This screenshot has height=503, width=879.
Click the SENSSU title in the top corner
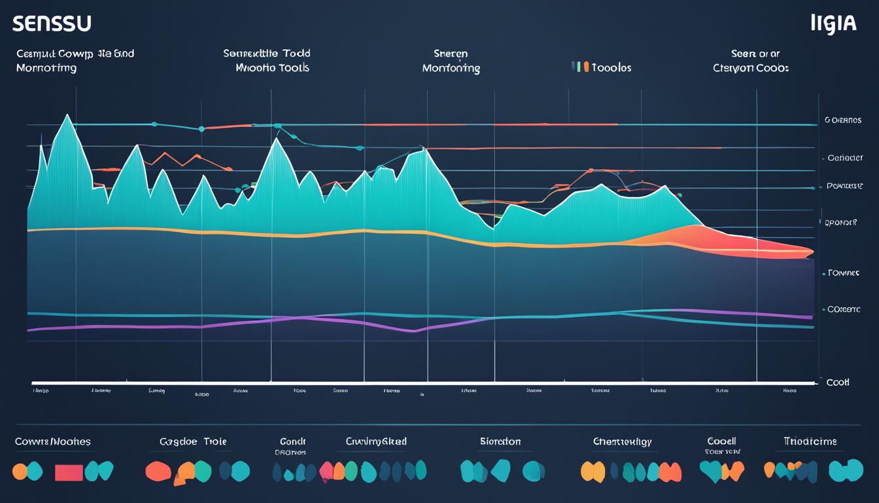point(52,24)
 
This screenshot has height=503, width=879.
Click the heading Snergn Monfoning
point(451,61)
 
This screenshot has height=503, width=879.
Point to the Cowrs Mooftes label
point(53,441)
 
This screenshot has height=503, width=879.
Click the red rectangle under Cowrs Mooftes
point(69,472)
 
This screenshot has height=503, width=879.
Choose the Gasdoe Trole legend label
point(193,441)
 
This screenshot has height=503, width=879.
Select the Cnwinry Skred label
point(376,441)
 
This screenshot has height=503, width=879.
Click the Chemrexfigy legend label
point(621,441)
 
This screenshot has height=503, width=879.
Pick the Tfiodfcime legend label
point(809,441)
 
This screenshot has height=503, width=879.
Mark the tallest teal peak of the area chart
point(67,118)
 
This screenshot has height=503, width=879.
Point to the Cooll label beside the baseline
point(838,382)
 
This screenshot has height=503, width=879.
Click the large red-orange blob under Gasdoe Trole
point(158,471)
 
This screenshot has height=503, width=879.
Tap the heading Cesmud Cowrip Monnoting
point(75,61)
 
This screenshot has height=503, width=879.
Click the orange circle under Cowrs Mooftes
point(20,471)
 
